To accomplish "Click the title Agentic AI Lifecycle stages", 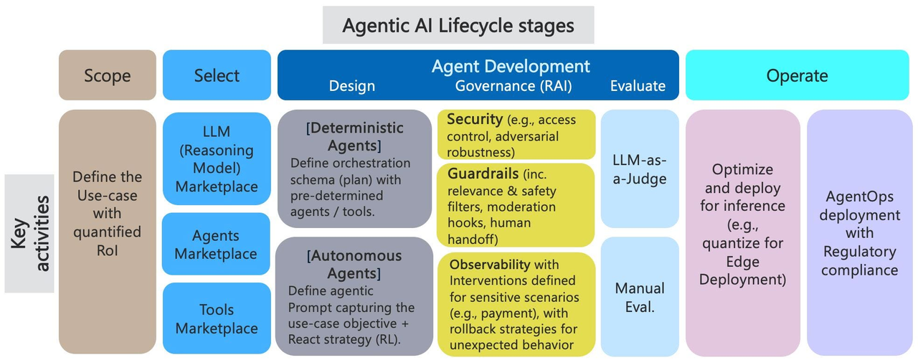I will click(x=458, y=26).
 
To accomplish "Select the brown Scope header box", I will click(x=107, y=75).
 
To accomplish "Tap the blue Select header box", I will click(x=217, y=75).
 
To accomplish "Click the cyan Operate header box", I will click(x=797, y=75).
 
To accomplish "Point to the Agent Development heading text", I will click(x=511, y=67).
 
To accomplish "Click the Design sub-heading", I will click(x=351, y=86).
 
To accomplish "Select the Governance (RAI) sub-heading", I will click(x=514, y=86).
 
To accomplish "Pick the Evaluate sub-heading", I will click(x=638, y=86).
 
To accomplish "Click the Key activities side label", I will click(x=29, y=234).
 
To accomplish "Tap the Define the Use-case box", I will click(x=107, y=213).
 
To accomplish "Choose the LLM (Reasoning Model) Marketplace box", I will click(x=216, y=159).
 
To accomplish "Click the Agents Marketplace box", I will click(x=216, y=245).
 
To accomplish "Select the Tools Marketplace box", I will click(x=216, y=319).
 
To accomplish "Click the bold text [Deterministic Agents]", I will click(x=354, y=137).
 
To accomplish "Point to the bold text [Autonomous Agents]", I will click(x=354, y=265).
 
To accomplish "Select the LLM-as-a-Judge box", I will click(x=640, y=169).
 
